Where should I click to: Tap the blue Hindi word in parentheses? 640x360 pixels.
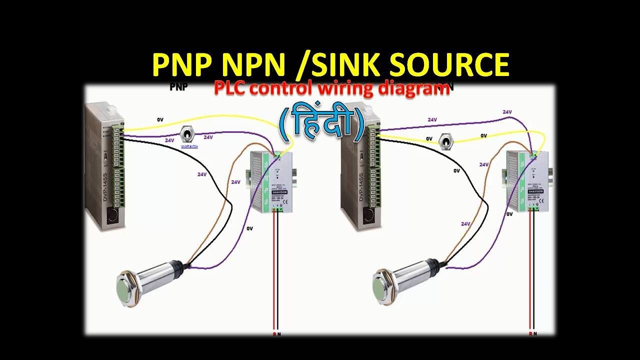(x=321, y=124)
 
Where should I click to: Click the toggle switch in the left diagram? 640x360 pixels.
(x=186, y=136)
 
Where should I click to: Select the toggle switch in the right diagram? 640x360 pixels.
(x=444, y=142)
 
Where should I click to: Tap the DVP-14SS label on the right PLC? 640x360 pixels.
(x=360, y=187)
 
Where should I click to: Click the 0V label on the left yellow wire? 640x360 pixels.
(x=160, y=120)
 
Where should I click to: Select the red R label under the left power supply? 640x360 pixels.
(x=273, y=333)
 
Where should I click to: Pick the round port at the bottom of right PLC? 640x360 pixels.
(x=368, y=216)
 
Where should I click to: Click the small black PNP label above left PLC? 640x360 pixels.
(x=178, y=86)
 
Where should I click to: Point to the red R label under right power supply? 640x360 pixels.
(x=530, y=333)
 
